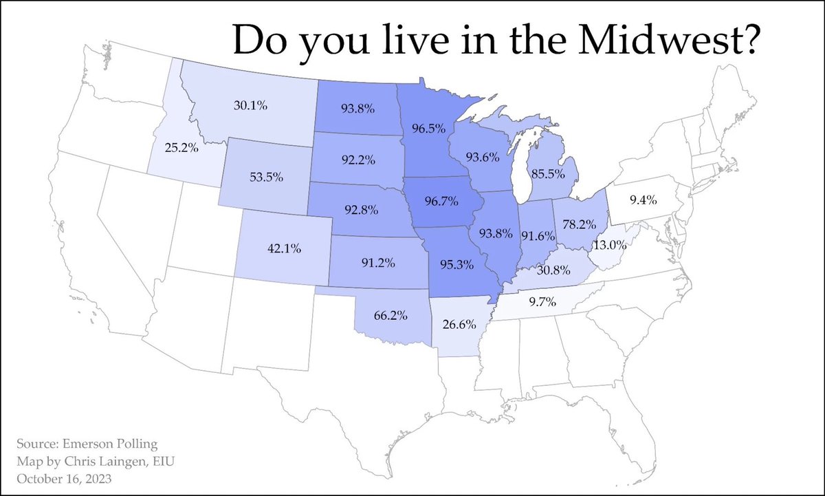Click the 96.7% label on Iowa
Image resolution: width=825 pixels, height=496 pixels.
(444, 204)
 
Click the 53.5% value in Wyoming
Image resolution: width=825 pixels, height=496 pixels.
(261, 176)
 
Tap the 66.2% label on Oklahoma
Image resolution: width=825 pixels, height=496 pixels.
(391, 316)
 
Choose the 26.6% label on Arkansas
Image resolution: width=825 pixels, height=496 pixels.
(459, 323)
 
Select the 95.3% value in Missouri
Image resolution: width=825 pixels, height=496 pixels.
(459, 266)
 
